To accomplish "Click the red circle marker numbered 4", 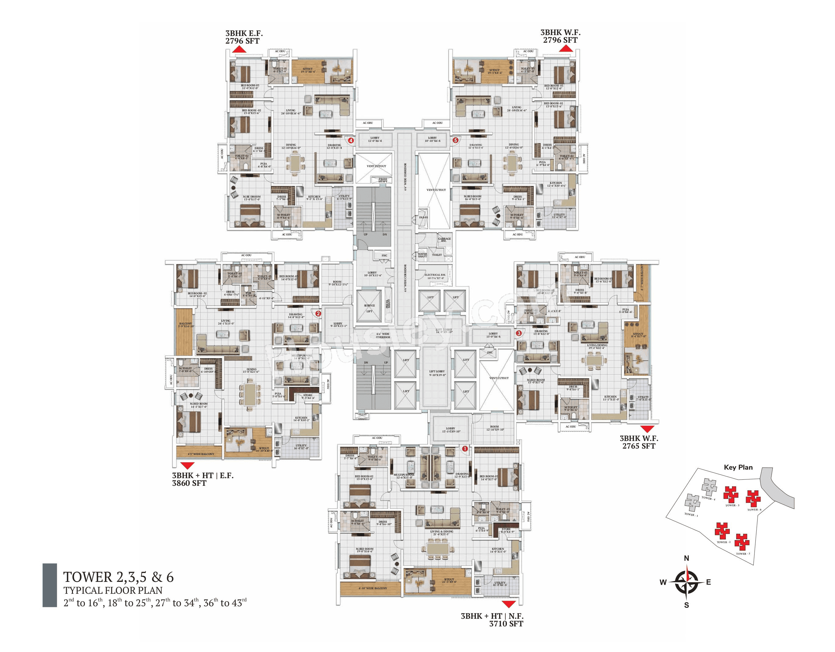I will click(x=351, y=140).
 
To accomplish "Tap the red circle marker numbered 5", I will click(x=455, y=140).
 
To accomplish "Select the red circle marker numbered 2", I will click(x=318, y=313).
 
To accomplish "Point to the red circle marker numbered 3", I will click(x=519, y=333).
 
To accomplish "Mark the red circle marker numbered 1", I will click(x=465, y=449).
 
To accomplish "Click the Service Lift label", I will click(x=369, y=308).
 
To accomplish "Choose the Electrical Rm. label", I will click(x=435, y=276).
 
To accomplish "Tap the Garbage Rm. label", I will click(x=444, y=239).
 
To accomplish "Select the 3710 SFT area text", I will click(x=506, y=624).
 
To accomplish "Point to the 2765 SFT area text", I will click(x=639, y=446).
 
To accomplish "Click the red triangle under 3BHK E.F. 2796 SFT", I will click(x=239, y=49).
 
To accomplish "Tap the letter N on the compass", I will click(x=686, y=558).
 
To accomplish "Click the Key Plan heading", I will click(x=738, y=467).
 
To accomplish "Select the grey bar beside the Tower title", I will click(x=50, y=585).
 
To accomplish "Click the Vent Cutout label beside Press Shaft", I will click(x=376, y=166).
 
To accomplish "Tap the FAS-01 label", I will click(x=423, y=217).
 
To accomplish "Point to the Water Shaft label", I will click(x=422, y=255).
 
